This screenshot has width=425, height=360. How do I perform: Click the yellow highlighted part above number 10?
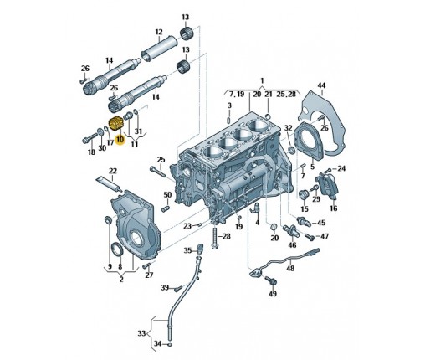click(114, 124)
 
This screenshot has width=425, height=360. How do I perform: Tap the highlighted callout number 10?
click(120, 140)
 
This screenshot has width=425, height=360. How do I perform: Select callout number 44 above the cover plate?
click(321, 85)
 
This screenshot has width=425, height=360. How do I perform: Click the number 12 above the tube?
click(159, 32)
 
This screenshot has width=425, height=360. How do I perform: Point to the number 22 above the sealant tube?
click(113, 171)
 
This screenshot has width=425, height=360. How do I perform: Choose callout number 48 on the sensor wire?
click(290, 268)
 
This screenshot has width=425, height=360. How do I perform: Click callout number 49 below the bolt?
click(273, 293)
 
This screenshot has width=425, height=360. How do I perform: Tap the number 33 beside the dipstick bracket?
click(141, 333)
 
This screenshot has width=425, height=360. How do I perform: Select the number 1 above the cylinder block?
click(262, 81)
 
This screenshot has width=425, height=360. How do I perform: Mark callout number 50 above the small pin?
click(167, 194)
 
